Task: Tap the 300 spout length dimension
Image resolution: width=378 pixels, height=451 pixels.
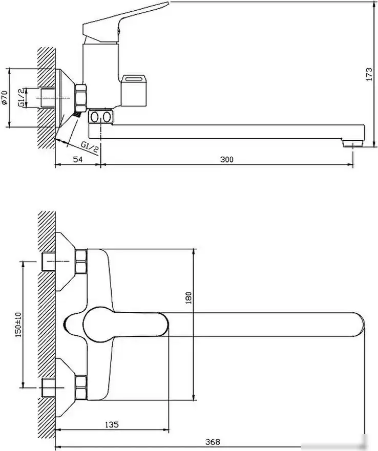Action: tap(227, 159)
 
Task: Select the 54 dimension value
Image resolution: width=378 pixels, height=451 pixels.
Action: tap(77, 159)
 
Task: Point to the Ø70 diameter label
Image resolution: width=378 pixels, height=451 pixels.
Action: tap(5, 97)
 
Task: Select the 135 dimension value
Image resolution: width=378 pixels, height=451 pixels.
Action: tap(112, 424)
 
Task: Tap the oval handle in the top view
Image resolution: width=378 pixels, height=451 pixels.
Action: tap(125, 325)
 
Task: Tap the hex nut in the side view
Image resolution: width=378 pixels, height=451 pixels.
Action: tap(81, 97)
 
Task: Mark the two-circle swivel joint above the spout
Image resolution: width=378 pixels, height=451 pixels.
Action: tap(100, 117)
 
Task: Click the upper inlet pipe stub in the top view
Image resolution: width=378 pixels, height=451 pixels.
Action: tap(48, 261)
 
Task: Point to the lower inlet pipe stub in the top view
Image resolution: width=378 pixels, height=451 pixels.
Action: tap(48, 388)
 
